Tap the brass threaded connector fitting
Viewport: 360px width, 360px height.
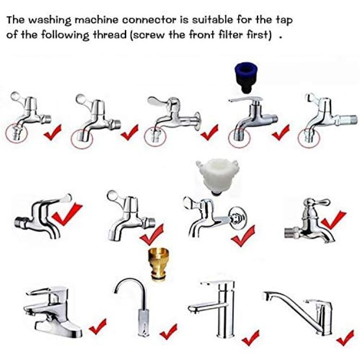click(158, 264)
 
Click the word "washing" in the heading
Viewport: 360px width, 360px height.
click(50, 21)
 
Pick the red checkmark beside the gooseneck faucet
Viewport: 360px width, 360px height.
click(168, 332)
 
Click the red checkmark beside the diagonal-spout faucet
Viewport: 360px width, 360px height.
click(345, 337)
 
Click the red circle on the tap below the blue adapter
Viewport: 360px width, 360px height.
click(239, 138)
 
